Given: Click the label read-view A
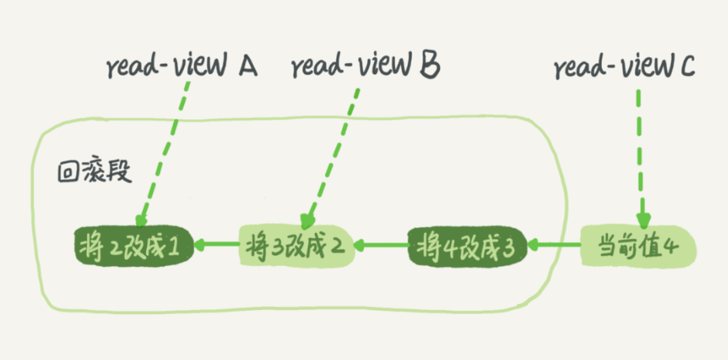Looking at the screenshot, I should tap(182, 68).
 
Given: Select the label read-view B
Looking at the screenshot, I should tap(365, 68).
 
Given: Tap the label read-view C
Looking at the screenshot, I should tap(624, 68).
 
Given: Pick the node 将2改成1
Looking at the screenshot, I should tap(132, 246).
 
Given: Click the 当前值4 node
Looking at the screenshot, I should tap(637, 246).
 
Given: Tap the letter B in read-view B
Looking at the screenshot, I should tap(429, 67).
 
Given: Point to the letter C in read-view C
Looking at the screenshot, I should tap(687, 68).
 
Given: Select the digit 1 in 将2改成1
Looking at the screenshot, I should tap(175, 247).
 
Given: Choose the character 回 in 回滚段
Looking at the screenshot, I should tap(68, 171).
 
